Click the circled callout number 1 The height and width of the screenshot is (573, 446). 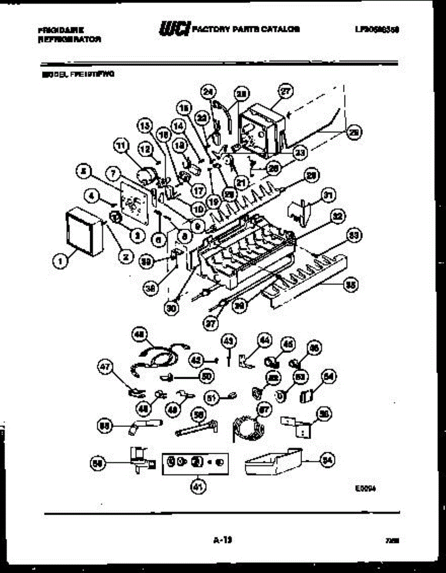click(59, 261)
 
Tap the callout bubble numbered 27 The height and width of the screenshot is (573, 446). click(286, 92)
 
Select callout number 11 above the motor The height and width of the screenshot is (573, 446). click(122, 144)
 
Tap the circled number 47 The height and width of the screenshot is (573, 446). click(105, 367)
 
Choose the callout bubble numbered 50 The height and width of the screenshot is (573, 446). click(206, 376)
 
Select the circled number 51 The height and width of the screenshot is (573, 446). click(211, 396)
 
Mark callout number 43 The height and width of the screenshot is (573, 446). click(229, 340)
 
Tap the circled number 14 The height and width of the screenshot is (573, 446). click(178, 127)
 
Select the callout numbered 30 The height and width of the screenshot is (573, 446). click(171, 308)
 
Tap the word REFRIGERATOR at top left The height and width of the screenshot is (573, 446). click(69, 40)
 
